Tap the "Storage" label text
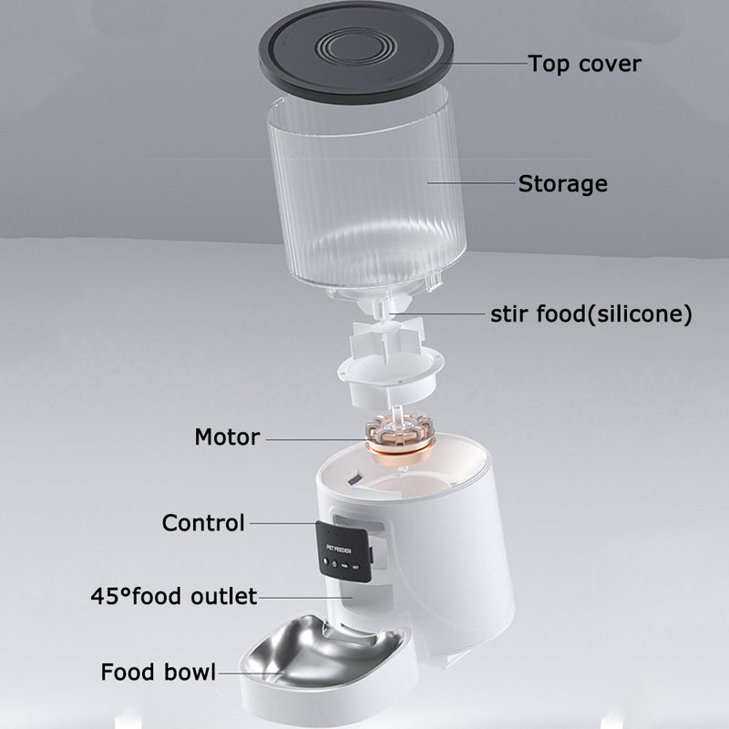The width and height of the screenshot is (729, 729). (x=562, y=183)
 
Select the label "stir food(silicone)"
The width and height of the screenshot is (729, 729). (x=591, y=315)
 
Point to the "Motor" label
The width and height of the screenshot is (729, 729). (x=227, y=436)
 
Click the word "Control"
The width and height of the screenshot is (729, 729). (x=203, y=523)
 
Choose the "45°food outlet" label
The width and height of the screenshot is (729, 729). (x=173, y=597)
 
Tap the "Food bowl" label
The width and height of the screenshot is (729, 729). (x=159, y=673)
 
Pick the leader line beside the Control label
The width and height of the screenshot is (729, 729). (x=282, y=524)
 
